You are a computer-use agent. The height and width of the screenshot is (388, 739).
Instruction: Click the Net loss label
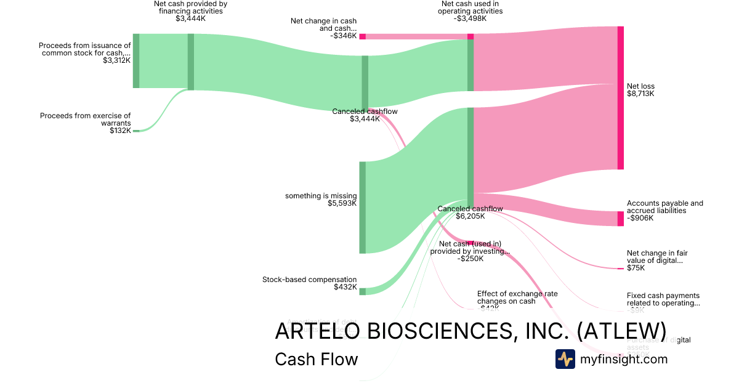[x=640, y=86]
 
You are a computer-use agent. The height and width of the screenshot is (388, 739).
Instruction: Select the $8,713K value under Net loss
[x=640, y=94]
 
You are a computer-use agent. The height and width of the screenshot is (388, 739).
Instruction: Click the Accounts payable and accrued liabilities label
[x=664, y=207]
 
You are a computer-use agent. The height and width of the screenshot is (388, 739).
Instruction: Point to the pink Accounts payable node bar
[x=620, y=219]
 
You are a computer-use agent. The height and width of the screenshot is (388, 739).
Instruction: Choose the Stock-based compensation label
[x=309, y=280]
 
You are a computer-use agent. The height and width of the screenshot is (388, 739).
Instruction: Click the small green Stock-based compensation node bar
[x=363, y=291]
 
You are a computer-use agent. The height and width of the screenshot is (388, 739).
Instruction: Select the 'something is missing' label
[x=320, y=196]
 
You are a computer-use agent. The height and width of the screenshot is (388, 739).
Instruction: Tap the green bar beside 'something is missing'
[x=363, y=208]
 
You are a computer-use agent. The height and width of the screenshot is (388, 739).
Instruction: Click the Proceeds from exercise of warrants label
[x=85, y=119]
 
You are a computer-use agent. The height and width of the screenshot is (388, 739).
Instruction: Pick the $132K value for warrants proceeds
[x=120, y=131]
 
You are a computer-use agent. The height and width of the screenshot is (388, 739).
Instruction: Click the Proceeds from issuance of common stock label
[x=84, y=49]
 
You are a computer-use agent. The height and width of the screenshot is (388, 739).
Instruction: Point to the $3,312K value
[x=117, y=60]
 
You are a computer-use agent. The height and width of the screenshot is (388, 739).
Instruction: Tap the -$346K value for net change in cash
[x=343, y=36]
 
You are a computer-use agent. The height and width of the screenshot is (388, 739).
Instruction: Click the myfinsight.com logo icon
[x=565, y=359]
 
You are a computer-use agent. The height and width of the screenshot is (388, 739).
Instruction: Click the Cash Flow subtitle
[x=316, y=359]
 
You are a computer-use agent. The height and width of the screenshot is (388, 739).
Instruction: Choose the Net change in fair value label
[x=656, y=257]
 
